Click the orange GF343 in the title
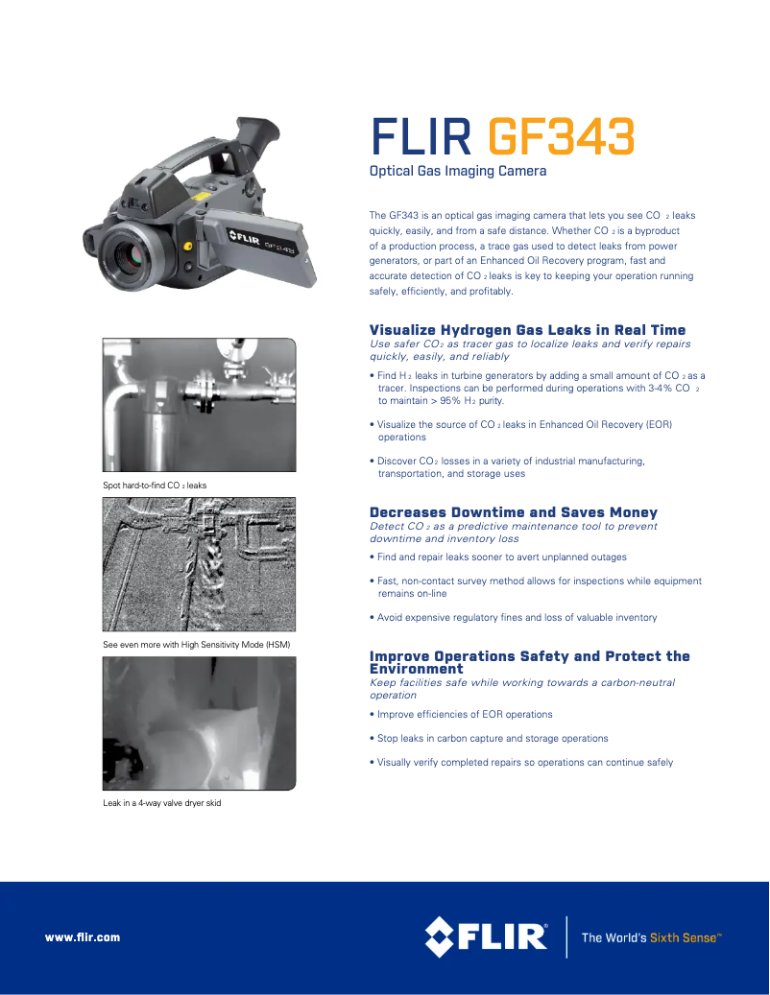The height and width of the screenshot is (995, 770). click(562, 137)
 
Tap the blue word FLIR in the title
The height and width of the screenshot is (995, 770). click(421, 137)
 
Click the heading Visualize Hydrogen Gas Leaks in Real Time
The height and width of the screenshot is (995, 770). click(527, 330)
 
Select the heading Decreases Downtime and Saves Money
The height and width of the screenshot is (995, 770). click(514, 512)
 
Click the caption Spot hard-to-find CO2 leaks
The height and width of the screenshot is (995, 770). click(155, 486)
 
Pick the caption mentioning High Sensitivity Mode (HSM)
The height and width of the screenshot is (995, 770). click(196, 644)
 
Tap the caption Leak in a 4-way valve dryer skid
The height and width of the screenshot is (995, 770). click(161, 802)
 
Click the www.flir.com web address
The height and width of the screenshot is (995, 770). click(83, 937)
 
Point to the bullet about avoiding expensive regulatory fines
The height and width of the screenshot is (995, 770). click(517, 617)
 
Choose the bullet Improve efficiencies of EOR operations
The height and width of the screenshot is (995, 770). click(465, 714)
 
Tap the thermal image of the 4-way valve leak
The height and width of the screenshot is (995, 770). click(199, 723)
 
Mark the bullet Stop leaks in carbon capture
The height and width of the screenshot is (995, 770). click(492, 738)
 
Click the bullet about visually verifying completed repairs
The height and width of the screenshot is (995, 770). click(524, 762)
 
